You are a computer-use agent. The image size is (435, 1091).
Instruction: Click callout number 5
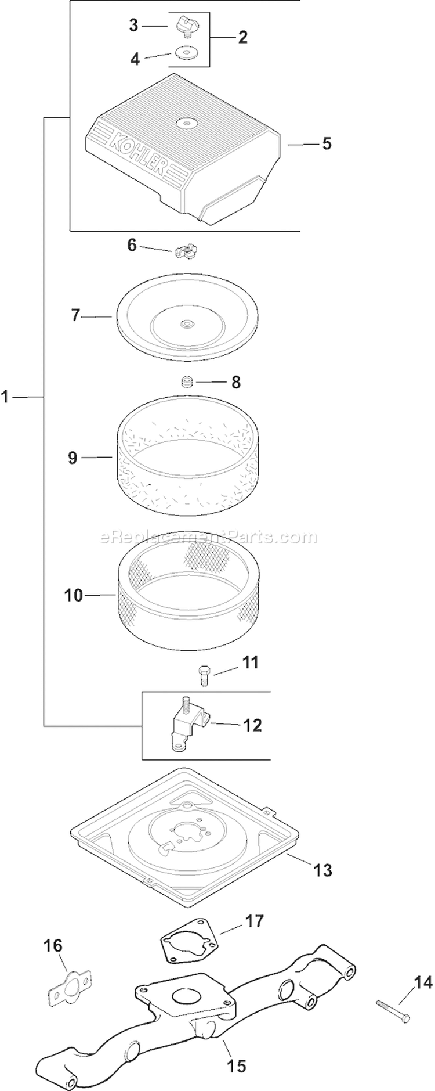(327, 143)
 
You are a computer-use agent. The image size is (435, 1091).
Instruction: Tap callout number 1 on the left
(6, 397)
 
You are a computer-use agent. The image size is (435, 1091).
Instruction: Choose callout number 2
(242, 37)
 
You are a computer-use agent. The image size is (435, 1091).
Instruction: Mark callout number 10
(74, 596)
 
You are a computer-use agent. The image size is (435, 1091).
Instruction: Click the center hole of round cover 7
(186, 323)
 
